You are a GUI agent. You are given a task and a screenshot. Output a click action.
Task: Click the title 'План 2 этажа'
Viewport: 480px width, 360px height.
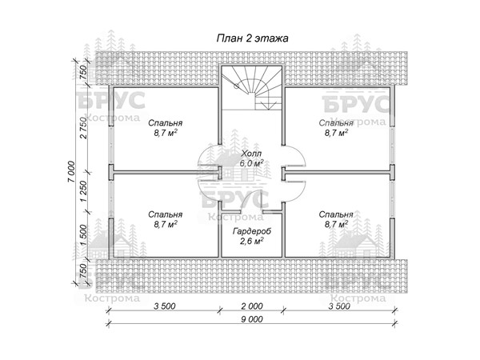coord(253,38)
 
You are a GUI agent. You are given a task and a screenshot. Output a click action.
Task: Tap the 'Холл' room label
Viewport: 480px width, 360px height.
coord(251,154)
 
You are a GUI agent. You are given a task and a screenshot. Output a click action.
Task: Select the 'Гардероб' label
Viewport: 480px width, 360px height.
coord(252,231)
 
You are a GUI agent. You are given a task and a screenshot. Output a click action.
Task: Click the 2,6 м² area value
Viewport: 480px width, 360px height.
coord(252,242)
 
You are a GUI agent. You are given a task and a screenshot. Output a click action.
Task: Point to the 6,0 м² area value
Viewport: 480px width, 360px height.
coord(252,163)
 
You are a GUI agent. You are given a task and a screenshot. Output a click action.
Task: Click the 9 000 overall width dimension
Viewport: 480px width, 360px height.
coord(252,319)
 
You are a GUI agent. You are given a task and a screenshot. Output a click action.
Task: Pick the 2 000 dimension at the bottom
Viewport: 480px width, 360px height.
coord(252,306)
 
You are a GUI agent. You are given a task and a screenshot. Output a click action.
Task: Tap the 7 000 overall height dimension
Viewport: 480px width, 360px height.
coord(71,172)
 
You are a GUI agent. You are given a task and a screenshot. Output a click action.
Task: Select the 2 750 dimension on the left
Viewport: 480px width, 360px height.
coord(83,127)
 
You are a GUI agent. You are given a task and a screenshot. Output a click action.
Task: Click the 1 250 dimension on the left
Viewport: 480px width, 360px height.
coord(83,191)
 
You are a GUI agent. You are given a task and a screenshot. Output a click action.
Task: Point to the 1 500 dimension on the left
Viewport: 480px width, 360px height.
coord(83,234)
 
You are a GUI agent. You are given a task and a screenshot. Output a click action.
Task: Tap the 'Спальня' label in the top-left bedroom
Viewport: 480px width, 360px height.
coord(166,123)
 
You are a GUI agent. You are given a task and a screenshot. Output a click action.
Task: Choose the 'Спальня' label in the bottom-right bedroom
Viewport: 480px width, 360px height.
coord(336,214)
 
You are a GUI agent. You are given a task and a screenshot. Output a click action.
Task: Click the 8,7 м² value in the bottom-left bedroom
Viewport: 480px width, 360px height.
coord(166,224)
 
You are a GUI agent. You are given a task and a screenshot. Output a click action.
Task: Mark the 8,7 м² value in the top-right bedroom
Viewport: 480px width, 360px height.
coord(337,133)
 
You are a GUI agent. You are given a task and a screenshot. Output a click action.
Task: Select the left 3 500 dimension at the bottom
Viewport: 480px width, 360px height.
coord(164,306)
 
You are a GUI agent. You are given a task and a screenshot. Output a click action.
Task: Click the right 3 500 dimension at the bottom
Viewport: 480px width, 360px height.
coord(339,306)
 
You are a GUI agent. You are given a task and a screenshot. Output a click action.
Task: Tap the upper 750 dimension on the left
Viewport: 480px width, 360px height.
coord(83,73)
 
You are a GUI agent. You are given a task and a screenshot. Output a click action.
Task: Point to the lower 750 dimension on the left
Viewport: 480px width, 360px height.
coord(83,271)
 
